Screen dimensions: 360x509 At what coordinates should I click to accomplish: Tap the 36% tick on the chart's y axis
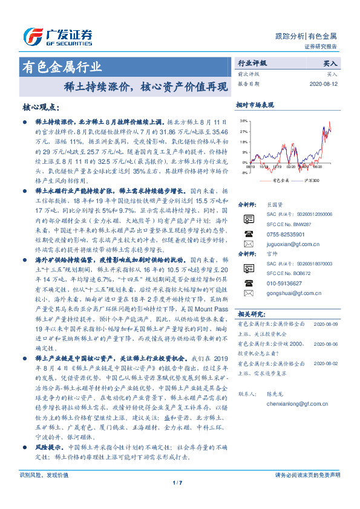243,122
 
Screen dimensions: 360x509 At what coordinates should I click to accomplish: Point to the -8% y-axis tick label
244,173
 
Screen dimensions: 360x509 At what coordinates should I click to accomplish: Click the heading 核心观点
41,108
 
